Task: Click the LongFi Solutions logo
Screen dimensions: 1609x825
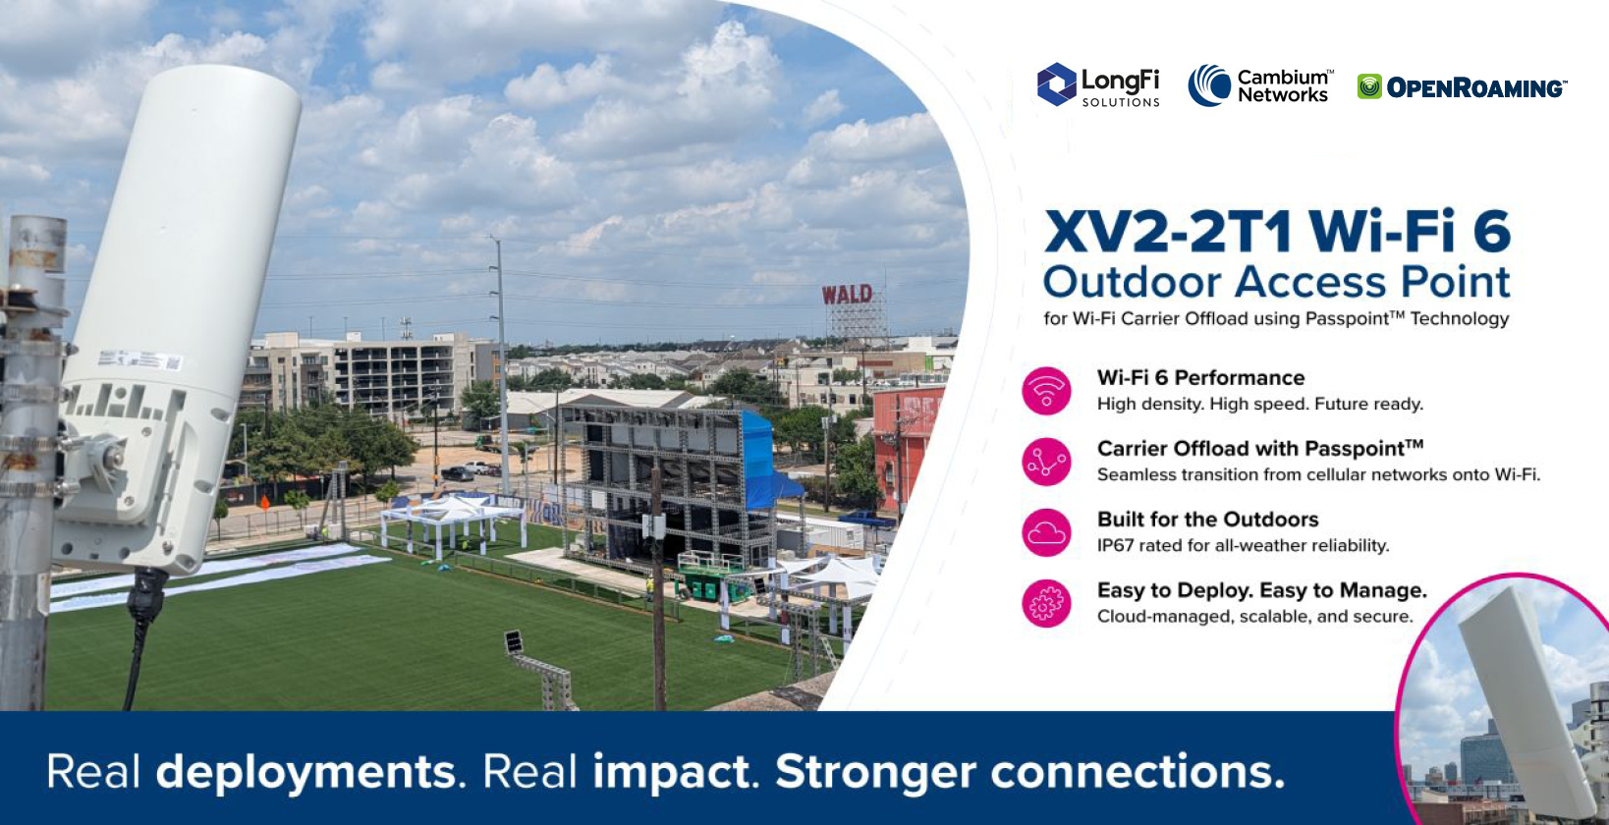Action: [1098, 85]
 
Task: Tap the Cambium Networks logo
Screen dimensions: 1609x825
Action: [1260, 85]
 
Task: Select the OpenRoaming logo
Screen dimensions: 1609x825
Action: [1462, 86]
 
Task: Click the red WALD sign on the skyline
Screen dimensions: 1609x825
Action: [847, 294]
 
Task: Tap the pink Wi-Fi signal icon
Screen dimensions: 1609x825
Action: [1046, 391]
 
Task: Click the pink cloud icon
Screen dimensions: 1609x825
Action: [1046, 532]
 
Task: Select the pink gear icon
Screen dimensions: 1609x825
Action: [1046, 603]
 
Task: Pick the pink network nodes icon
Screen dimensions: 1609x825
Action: [1046, 462]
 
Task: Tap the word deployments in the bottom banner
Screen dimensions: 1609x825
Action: [305, 773]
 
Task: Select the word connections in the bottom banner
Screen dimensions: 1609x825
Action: [1137, 771]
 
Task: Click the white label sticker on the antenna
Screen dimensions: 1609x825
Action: [140, 359]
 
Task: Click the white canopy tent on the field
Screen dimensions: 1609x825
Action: [453, 521]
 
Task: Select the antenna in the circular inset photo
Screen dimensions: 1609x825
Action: [1526, 700]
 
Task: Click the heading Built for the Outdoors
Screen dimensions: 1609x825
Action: [1207, 520]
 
